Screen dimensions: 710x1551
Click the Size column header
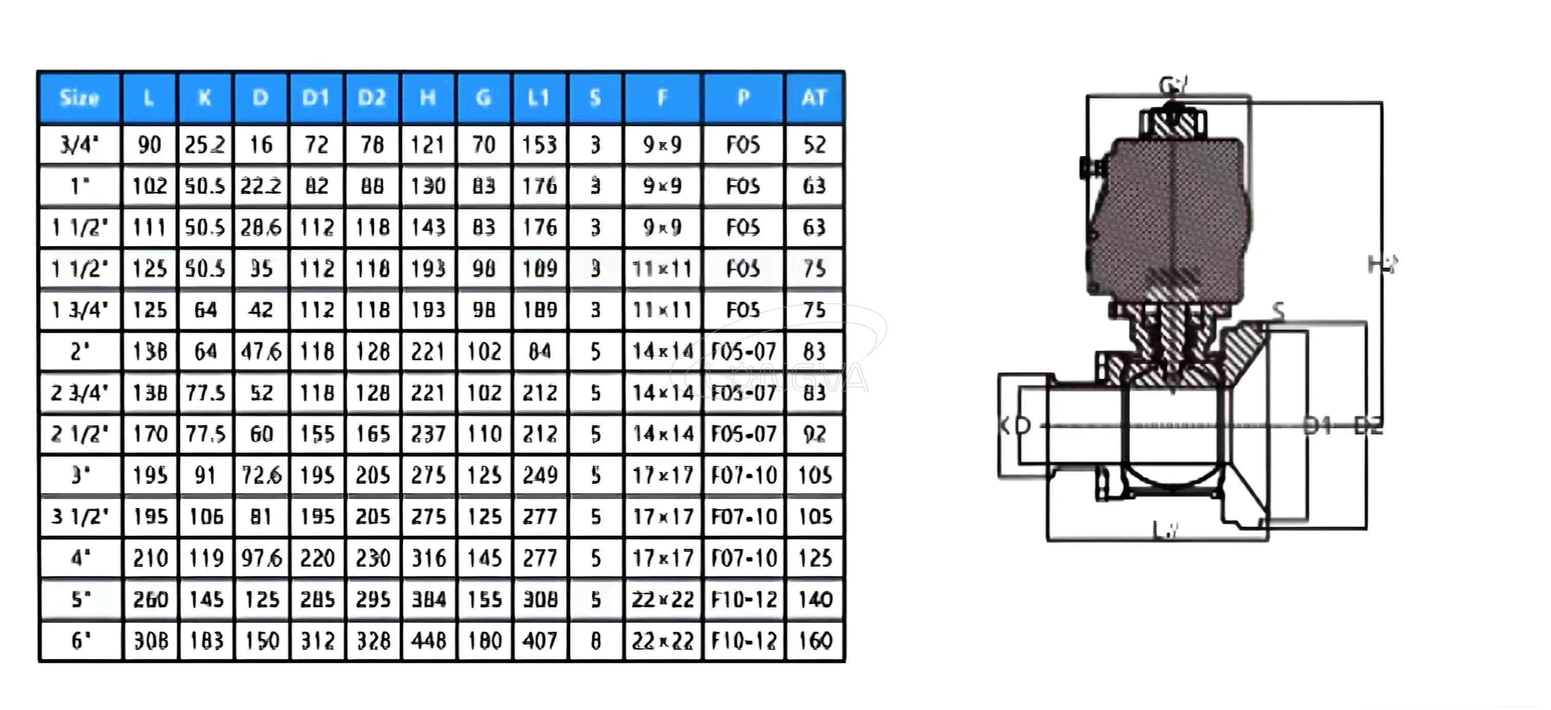pos(79,97)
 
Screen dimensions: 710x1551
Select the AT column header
pos(814,97)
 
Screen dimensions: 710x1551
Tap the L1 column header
pos(539,97)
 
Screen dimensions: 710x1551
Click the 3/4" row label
pos(79,144)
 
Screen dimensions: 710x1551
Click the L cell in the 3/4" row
pos(149,144)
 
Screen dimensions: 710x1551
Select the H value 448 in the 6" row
pos(428,640)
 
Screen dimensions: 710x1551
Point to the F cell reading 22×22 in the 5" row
pos(662,599)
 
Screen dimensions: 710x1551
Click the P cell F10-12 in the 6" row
pos(743,640)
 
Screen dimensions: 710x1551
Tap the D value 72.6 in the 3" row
pos(260,475)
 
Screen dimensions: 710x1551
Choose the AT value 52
pos(814,144)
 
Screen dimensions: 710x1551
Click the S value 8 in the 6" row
pos(595,640)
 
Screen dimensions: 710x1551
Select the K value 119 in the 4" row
pos(205,558)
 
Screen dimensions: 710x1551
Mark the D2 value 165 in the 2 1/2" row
pos(372,434)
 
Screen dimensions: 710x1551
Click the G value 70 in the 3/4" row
pos(484,144)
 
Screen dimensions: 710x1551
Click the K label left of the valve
pos(1004,425)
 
